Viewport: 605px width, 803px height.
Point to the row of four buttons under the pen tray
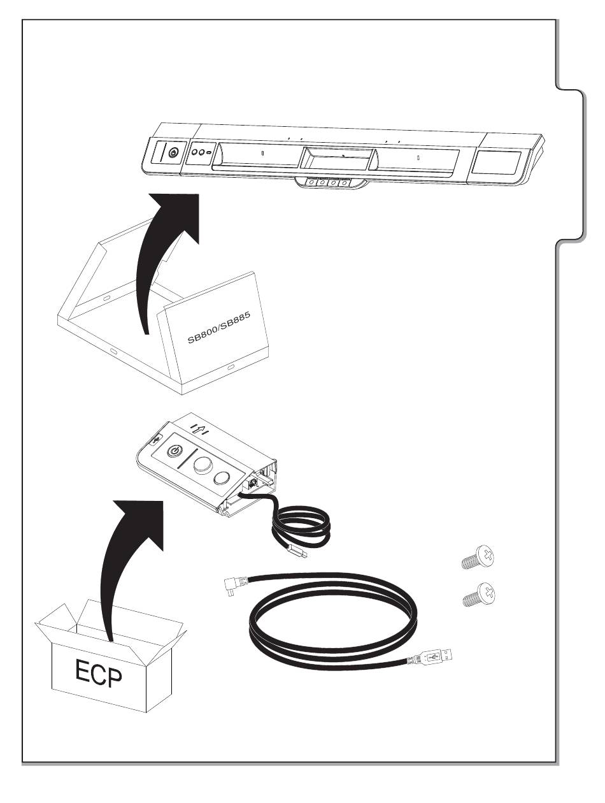[327, 182]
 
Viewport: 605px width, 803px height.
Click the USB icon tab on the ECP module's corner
[157, 440]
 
